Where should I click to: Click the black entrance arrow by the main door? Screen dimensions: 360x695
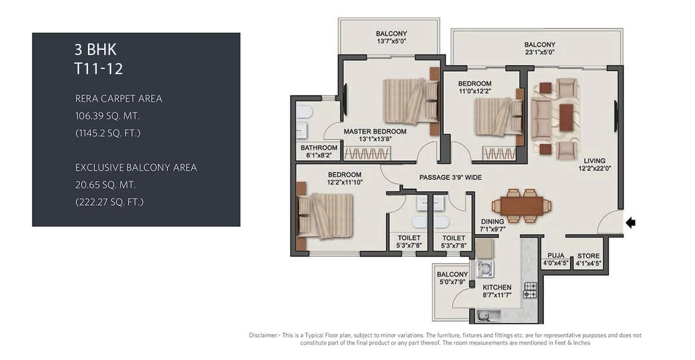click(x=631, y=222)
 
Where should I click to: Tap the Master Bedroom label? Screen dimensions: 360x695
click(x=375, y=131)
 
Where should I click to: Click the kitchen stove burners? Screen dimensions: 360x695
click(x=530, y=290)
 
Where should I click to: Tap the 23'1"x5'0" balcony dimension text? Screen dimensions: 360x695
click(x=539, y=52)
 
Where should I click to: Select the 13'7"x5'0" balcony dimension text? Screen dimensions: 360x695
click(x=391, y=41)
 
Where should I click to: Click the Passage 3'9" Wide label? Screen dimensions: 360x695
click(x=450, y=178)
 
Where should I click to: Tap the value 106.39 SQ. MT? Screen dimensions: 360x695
click(x=108, y=116)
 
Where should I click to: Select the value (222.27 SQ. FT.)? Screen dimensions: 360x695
click(x=109, y=202)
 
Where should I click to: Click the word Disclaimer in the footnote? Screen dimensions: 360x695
click(x=264, y=335)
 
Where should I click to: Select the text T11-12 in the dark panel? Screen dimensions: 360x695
click(x=99, y=69)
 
